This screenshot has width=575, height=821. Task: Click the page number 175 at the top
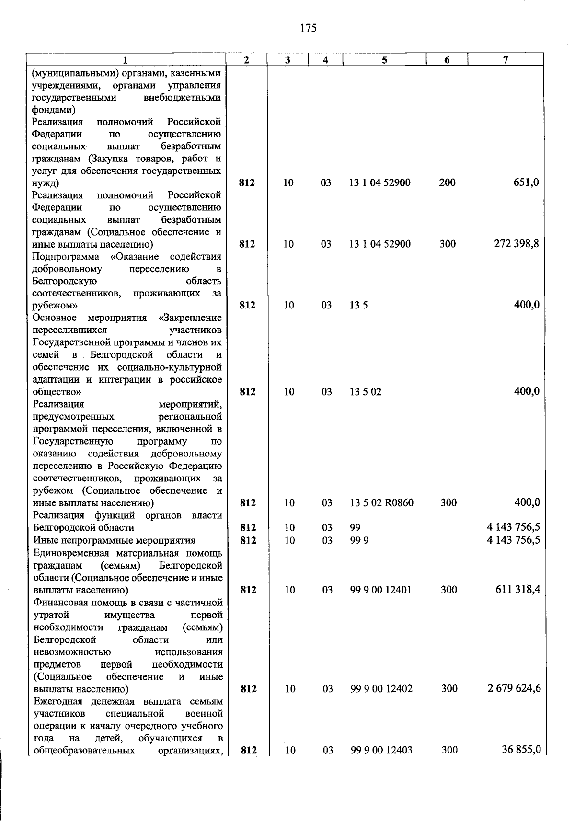[x=308, y=28]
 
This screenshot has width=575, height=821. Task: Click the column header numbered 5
[x=384, y=60]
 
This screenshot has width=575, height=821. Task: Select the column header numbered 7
[x=505, y=60]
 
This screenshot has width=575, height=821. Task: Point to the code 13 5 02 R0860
[x=381, y=503]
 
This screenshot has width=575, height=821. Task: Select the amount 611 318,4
[x=517, y=590]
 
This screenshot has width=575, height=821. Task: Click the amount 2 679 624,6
[x=514, y=689]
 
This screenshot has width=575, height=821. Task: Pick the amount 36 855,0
[x=521, y=750]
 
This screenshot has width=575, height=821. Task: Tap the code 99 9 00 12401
[x=381, y=590]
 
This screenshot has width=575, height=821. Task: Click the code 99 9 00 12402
[x=381, y=689]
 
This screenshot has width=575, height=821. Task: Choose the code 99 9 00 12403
[x=381, y=751]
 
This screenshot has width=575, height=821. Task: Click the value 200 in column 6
[x=447, y=182]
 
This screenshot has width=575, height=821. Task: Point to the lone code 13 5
[x=358, y=306]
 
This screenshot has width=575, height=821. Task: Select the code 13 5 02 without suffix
[x=366, y=392]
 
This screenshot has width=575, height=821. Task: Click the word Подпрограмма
[x=66, y=257]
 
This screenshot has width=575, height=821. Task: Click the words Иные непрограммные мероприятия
[x=115, y=541]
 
